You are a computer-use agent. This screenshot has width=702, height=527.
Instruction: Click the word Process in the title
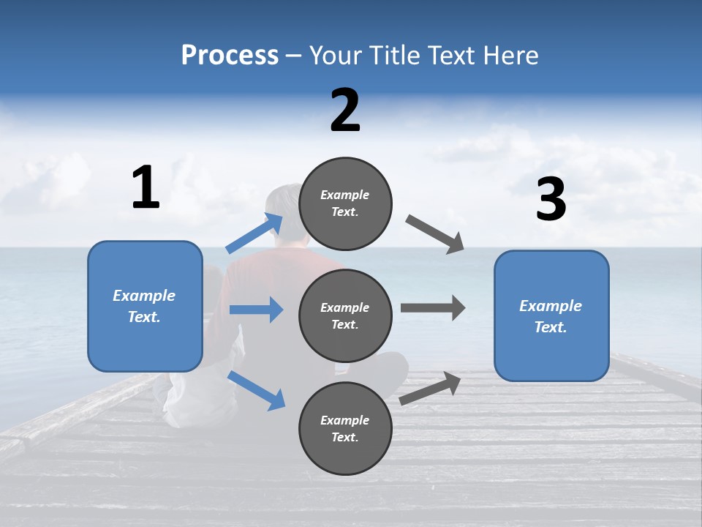(230, 56)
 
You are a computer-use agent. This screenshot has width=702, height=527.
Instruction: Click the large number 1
(146, 188)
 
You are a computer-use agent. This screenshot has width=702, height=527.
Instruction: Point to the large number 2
(345, 111)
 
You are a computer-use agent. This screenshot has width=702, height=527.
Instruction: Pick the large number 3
(551, 200)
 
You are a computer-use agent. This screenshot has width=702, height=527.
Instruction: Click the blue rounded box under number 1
(145, 306)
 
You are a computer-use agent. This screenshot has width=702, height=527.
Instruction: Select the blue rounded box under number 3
(551, 316)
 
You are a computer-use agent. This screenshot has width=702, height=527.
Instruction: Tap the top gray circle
(345, 203)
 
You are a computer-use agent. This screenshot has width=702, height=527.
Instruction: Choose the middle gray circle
(345, 315)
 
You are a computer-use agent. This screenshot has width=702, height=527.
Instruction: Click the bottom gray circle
(345, 428)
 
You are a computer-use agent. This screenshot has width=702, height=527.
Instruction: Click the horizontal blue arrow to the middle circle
(256, 310)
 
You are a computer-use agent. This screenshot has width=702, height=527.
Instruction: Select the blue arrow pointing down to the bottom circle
(256, 390)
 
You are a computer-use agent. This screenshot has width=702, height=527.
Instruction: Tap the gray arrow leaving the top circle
(435, 235)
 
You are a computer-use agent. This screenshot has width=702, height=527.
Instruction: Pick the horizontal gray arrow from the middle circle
(432, 307)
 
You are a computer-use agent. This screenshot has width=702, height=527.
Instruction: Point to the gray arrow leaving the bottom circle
(430, 389)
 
